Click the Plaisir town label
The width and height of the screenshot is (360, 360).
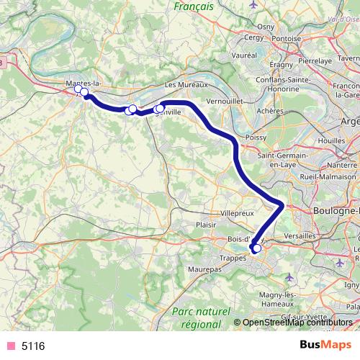[x=206, y=225]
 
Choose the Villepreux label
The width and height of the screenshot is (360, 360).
[x=236, y=214]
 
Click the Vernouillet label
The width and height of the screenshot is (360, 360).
[x=228, y=102]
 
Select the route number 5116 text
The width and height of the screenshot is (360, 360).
[x=33, y=346]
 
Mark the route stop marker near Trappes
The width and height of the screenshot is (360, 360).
[x=256, y=248]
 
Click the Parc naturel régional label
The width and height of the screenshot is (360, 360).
[x=202, y=317]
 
